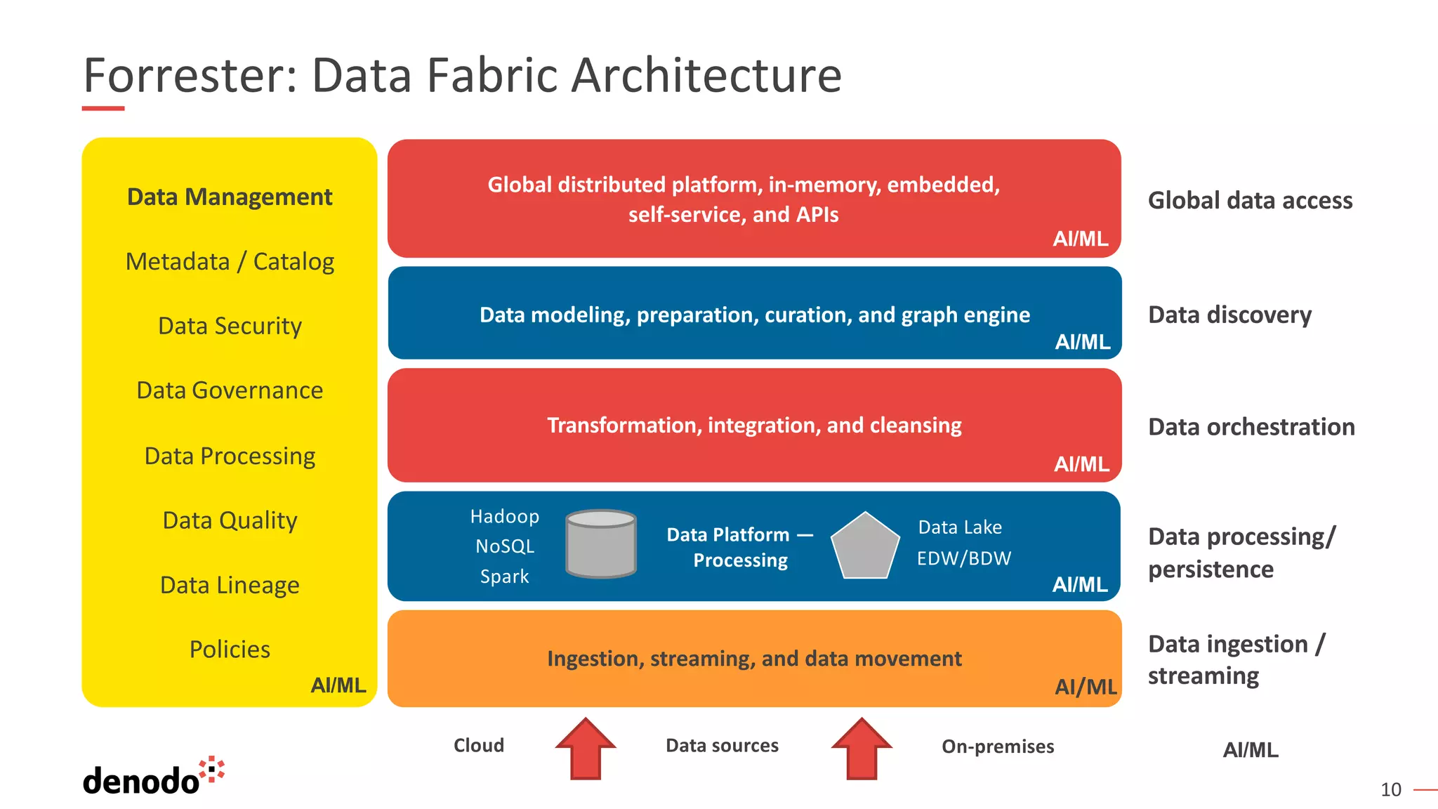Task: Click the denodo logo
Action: point(153,777)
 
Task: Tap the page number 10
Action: point(1390,790)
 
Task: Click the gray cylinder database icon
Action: point(601,544)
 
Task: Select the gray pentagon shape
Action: point(865,547)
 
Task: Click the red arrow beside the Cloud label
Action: point(586,749)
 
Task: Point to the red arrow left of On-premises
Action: point(862,749)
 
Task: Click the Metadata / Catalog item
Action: point(230,261)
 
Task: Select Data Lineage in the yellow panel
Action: point(230,585)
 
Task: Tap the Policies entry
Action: point(230,650)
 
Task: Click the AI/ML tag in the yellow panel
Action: point(338,685)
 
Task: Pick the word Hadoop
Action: point(504,517)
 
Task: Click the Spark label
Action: point(504,577)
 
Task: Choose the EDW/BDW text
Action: point(963,558)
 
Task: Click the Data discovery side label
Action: point(1229,315)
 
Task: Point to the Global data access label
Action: point(1250,201)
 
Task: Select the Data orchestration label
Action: point(1251,427)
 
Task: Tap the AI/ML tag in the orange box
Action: point(1086,687)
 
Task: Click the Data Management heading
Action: point(230,197)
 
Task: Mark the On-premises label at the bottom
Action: point(998,746)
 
